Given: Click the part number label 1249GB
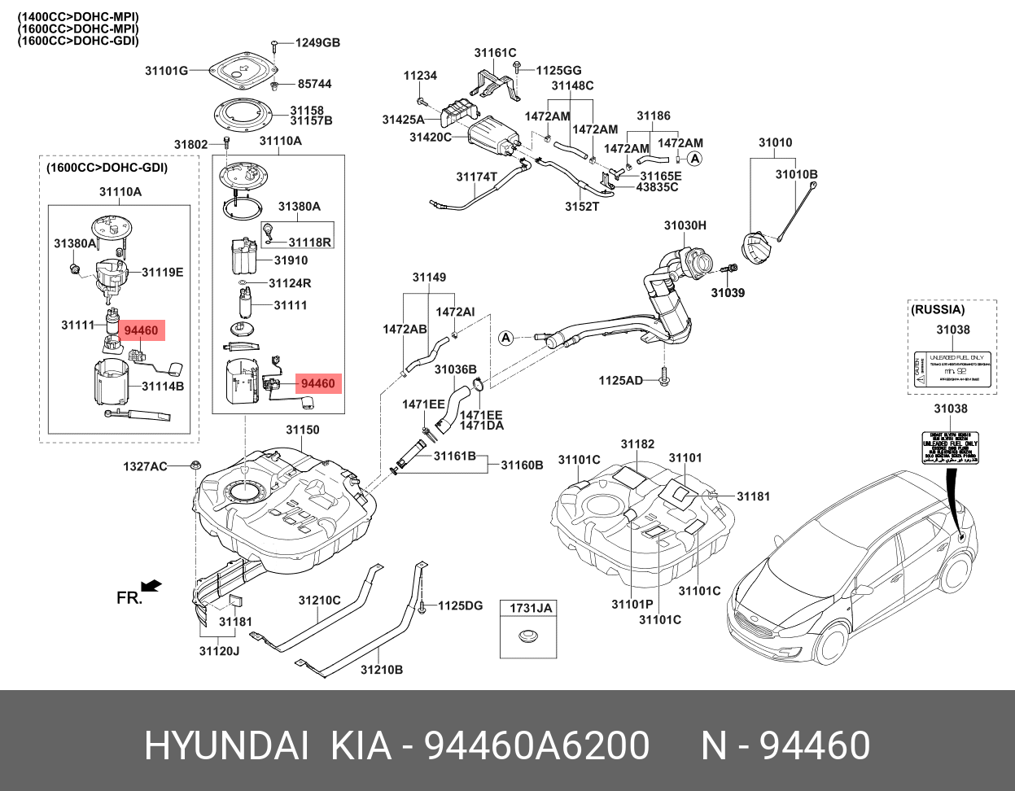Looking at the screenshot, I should [x=317, y=43].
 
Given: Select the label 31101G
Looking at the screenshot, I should [x=167, y=71].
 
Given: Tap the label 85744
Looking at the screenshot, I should [x=314, y=84].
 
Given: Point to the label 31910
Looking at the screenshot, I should [x=291, y=261].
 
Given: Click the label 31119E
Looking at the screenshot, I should [x=163, y=272].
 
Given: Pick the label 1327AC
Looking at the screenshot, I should [x=146, y=466].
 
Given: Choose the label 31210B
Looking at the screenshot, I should [x=382, y=670].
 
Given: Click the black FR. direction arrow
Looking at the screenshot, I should [x=151, y=585].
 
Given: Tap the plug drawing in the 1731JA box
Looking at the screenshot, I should [x=527, y=636].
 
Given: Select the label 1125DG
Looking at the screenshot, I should [x=461, y=605].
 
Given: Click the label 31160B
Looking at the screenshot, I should [x=522, y=465].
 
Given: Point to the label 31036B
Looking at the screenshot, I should [x=455, y=369].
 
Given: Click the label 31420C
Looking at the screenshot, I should [x=430, y=138].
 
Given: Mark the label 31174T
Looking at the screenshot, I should [x=476, y=177].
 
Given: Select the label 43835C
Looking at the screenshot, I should [x=658, y=186].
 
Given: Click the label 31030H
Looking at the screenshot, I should [x=685, y=225].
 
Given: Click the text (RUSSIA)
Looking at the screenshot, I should [x=938, y=310].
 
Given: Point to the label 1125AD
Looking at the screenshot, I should [x=621, y=380].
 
